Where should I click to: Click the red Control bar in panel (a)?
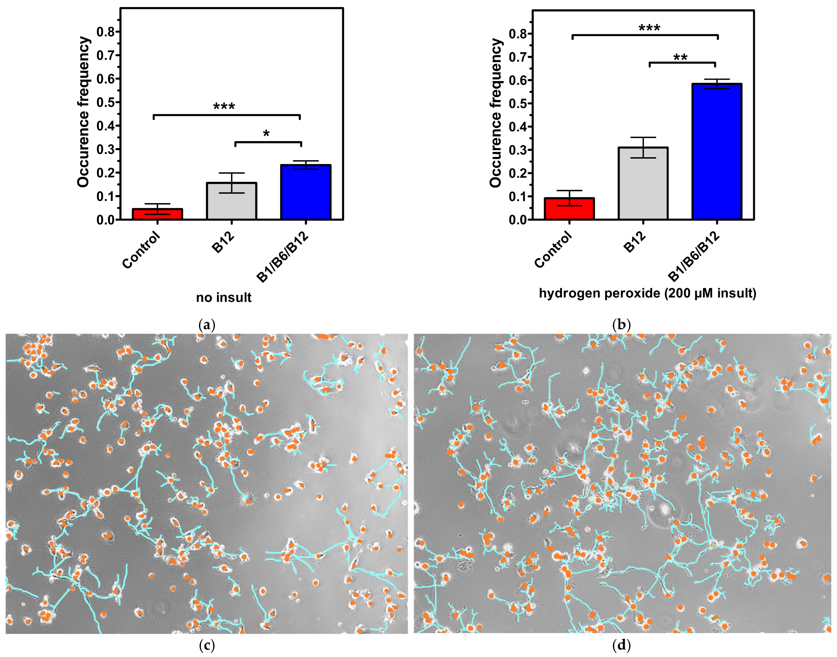coord(157,214)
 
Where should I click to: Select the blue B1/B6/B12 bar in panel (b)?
coord(717,152)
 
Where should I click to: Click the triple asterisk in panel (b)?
coord(649,28)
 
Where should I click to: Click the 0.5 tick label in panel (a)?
coord(106,102)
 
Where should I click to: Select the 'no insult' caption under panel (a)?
coord(224,298)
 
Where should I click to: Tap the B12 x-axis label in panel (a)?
coord(223,242)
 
